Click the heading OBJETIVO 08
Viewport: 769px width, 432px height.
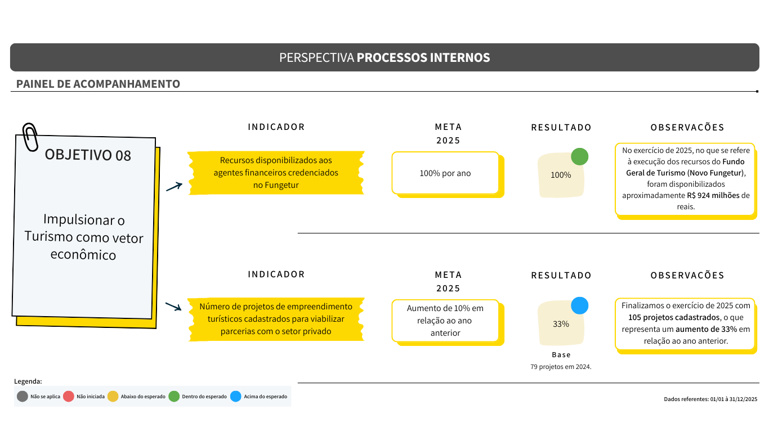coord(88,155)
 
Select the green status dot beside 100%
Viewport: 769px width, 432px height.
coord(579,157)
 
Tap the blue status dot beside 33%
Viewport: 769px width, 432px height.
coord(579,306)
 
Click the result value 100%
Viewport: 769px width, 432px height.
coord(561,175)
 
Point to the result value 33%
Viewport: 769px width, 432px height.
coord(561,324)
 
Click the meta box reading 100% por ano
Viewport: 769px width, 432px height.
coord(445,173)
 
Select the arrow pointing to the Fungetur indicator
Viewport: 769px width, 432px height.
coord(174,187)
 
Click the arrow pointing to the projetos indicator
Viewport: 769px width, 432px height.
coord(173,307)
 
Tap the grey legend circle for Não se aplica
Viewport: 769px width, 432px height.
coord(23,397)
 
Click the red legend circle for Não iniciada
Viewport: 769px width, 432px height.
coord(69,397)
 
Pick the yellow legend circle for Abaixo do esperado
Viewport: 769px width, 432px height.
coord(113,397)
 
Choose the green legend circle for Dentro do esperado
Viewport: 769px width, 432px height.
coord(174,397)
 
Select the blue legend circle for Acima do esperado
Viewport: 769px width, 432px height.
coord(236,397)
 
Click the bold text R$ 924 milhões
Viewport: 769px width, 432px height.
coord(713,195)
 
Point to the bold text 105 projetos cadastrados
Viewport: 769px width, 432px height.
coord(674,317)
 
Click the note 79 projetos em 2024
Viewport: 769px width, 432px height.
coord(561,367)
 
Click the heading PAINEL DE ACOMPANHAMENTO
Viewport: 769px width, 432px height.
coord(98,84)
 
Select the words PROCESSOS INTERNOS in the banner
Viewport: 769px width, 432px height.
coord(423,57)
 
